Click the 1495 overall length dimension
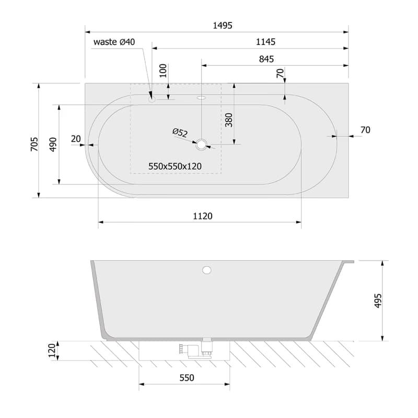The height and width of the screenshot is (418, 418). pyautogui.click(x=223, y=26)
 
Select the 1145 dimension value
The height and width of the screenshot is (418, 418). pyautogui.click(x=265, y=42)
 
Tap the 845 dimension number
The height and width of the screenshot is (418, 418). pyautogui.click(x=266, y=59)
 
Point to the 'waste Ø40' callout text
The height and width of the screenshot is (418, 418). pyautogui.click(x=114, y=42)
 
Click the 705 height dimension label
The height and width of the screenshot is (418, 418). pyautogui.click(x=34, y=144)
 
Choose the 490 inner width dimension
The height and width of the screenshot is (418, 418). pyautogui.click(x=53, y=145)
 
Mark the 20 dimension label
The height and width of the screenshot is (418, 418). pyautogui.click(x=76, y=139)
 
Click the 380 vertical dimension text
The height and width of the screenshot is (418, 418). pyautogui.click(x=229, y=120)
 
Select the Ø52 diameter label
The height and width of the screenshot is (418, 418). pyautogui.click(x=180, y=133)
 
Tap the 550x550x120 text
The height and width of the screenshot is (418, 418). pyautogui.click(x=175, y=166)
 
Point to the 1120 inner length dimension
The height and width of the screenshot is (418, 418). pyautogui.click(x=203, y=216)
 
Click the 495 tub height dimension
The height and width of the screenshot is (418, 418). pyautogui.click(x=378, y=301)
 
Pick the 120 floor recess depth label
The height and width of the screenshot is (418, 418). pyautogui.click(x=52, y=351)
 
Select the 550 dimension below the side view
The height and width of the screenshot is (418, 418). pyautogui.click(x=187, y=378)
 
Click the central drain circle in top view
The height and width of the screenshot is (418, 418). pyautogui.click(x=202, y=145)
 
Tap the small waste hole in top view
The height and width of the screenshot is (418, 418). pyautogui.click(x=152, y=99)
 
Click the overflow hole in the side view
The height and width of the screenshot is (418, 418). pyautogui.click(x=206, y=270)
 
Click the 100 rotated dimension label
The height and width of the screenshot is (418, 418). pyautogui.click(x=163, y=71)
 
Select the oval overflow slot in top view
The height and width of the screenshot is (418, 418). pyautogui.click(x=201, y=98)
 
